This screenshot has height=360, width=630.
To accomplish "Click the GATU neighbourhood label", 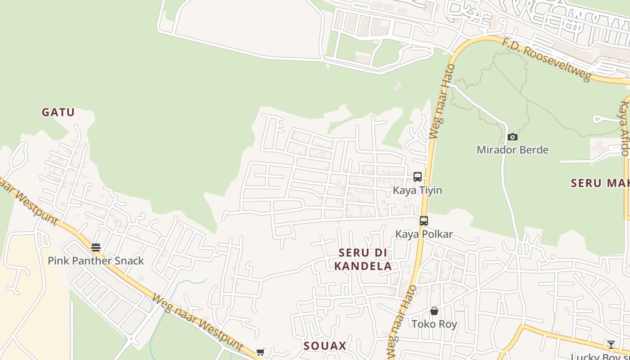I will coord(58,112).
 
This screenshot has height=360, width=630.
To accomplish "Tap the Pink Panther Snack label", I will coord(96,261).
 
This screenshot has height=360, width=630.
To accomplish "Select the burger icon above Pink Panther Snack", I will coord(95,247).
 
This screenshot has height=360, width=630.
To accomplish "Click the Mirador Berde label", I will coord(513,150).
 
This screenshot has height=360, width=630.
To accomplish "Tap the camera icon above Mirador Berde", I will coord(513,137).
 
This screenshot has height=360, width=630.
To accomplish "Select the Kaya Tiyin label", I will coord(418,190).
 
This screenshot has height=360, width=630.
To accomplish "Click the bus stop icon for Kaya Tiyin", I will coord(418,177).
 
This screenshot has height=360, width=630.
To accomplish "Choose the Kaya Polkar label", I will coord(424,234).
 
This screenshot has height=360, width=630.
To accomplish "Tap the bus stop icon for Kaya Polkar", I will coord(424,221).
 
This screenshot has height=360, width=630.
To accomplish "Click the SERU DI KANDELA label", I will coord(363,259).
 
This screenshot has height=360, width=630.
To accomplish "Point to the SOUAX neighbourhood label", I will coord(325,346).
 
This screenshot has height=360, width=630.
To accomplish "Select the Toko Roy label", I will coord(434,324).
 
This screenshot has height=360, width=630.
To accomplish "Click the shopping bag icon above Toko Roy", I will coord(434,311).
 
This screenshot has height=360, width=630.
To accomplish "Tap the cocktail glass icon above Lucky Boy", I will coord(611,345).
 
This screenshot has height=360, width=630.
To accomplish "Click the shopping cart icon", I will coord(260,352).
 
